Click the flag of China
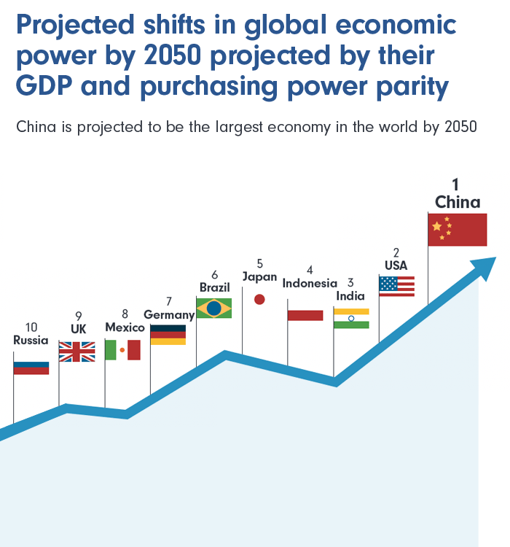(x=457, y=229)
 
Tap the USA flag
(x=396, y=285)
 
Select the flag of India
(x=351, y=318)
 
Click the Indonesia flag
(x=305, y=315)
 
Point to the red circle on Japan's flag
(x=259, y=299)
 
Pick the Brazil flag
(x=214, y=309)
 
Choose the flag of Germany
(x=168, y=334)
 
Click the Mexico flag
(x=122, y=350)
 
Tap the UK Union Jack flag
(x=76, y=352)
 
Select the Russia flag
(x=31, y=368)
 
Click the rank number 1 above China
(x=455, y=185)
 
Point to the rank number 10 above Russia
(x=31, y=327)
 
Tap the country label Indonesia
(x=310, y=283)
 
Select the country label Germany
(x=169, y=314)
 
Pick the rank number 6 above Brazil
(x=214, y=274)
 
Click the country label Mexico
(x=125, y=327)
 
